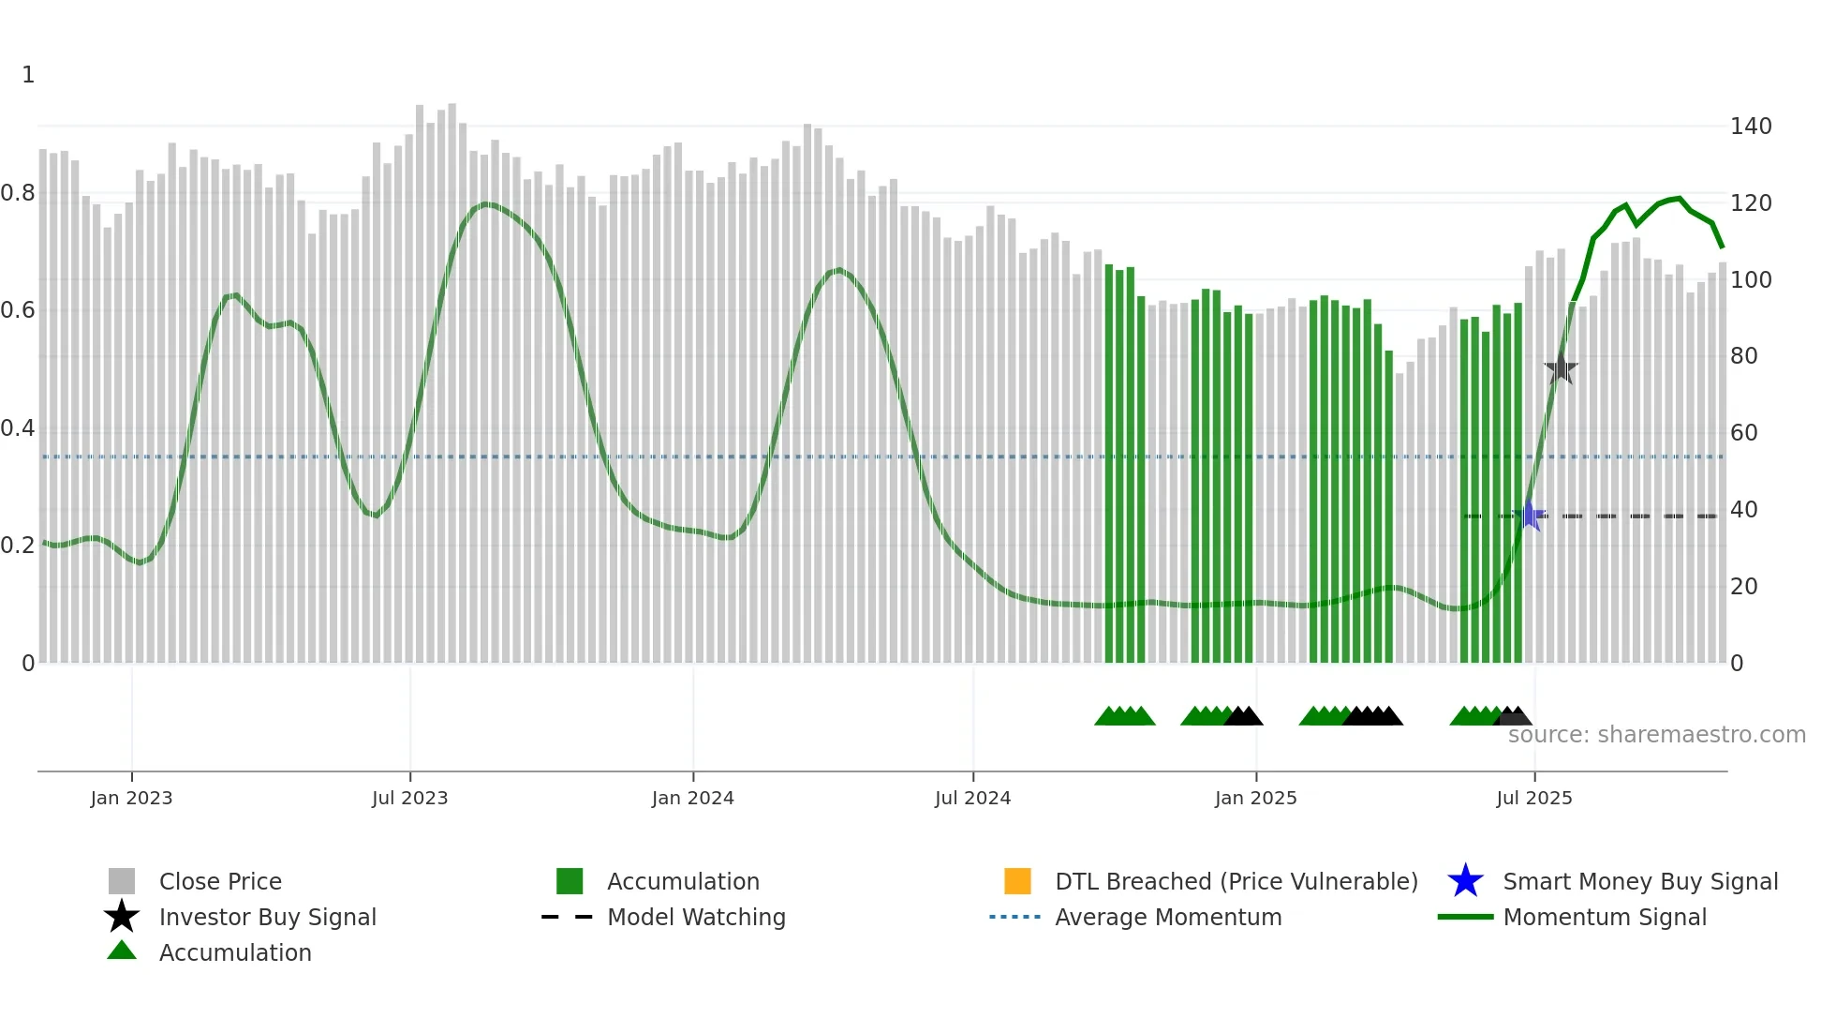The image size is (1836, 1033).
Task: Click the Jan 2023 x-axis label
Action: (x=131, y=798)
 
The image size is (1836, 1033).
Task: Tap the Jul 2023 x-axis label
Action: (x=409, y=798)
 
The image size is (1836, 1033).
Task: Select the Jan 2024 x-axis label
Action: (x=692, y=798)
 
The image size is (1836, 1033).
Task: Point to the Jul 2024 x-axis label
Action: (x=972, y=798)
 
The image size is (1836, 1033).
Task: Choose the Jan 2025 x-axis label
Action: (x=1255, y=798)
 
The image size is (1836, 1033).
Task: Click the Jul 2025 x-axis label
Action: (x=1533, y=798)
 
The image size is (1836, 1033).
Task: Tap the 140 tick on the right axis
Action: (x=1751, y=127)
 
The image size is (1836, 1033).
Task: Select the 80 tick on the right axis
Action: (x=1744, y=356)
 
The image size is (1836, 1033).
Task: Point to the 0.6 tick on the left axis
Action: (x=18, y=310)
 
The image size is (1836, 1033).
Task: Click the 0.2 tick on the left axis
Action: (x=18, y=546)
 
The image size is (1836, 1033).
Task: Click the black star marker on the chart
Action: (x=1561, y=368)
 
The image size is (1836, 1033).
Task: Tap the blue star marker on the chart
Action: (x=1530, y=516)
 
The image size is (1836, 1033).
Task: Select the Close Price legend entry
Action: (x=219, y=881)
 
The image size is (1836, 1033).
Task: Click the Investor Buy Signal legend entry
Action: (x=267, y=917)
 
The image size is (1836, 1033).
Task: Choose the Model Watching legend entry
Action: (x=695, y=917)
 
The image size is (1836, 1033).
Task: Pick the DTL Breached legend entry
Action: (x=1236, y=881)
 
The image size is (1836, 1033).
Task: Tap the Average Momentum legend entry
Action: (x=1167, y=917)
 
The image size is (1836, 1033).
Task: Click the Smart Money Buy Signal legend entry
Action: (x=1639, y=881)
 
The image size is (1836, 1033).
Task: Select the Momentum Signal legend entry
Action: (x=1604, y=917)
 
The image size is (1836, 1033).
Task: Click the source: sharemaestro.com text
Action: (x=1656, y=735)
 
